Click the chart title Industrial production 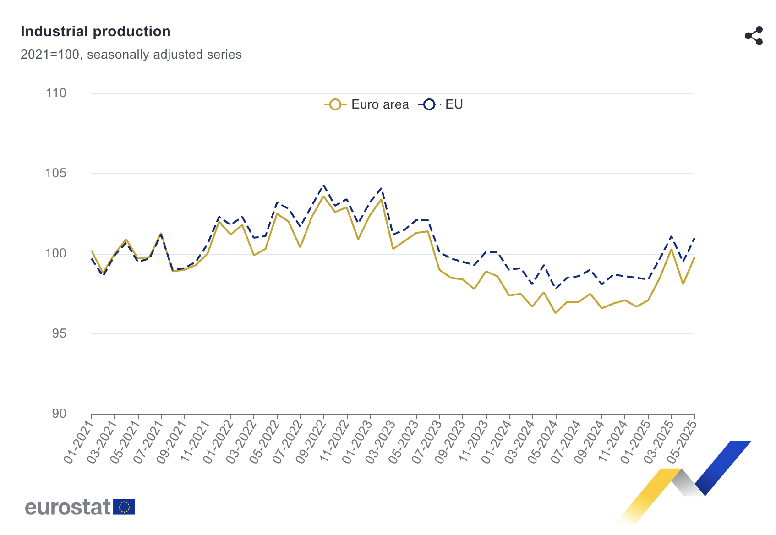pyautogui.click(x=96, y=32)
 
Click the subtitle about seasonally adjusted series pyautogui.click(x=131, y=55)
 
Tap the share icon pyautogui.click(x=754, y=36)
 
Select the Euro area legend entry pyautogui.click(x=366, y=104)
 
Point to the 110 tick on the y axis pyautogui.click(x=56, y=93)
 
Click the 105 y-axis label pyautogui.click(x=56, y=173)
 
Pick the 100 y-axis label pyautogui.click(x=56, y=253)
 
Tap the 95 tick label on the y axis pyautogui.click(x=59, y=333)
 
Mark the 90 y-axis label pyautogui.click(x=59, y=414)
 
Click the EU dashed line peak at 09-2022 pyautogui.click(x=323, y=186)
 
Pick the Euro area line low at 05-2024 pyautogui.click(x=556, y=313)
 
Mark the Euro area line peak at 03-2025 pyautogui.click(x=672, y=249)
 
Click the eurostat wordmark pyautogui.click(x=68, y=507)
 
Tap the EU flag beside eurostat pyautogui.click(x=124, y=507)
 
